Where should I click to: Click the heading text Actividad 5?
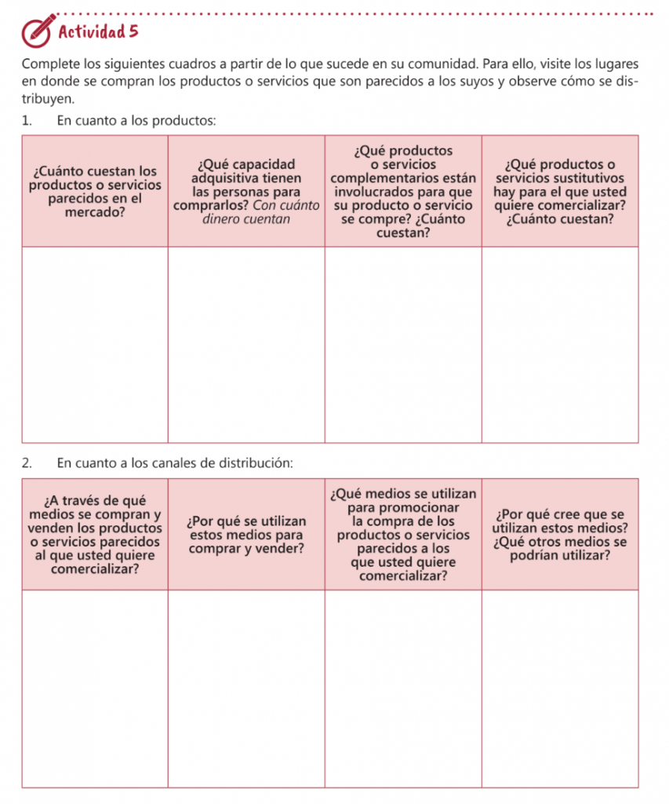click(x=98, y=32)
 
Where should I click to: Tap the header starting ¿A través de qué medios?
click(x=95, y=534)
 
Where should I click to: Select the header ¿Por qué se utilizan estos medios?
click(x=246, y=534)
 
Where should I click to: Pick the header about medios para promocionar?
click(x=403, y=534)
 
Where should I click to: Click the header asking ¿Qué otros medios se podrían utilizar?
click(x=560, y=549)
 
